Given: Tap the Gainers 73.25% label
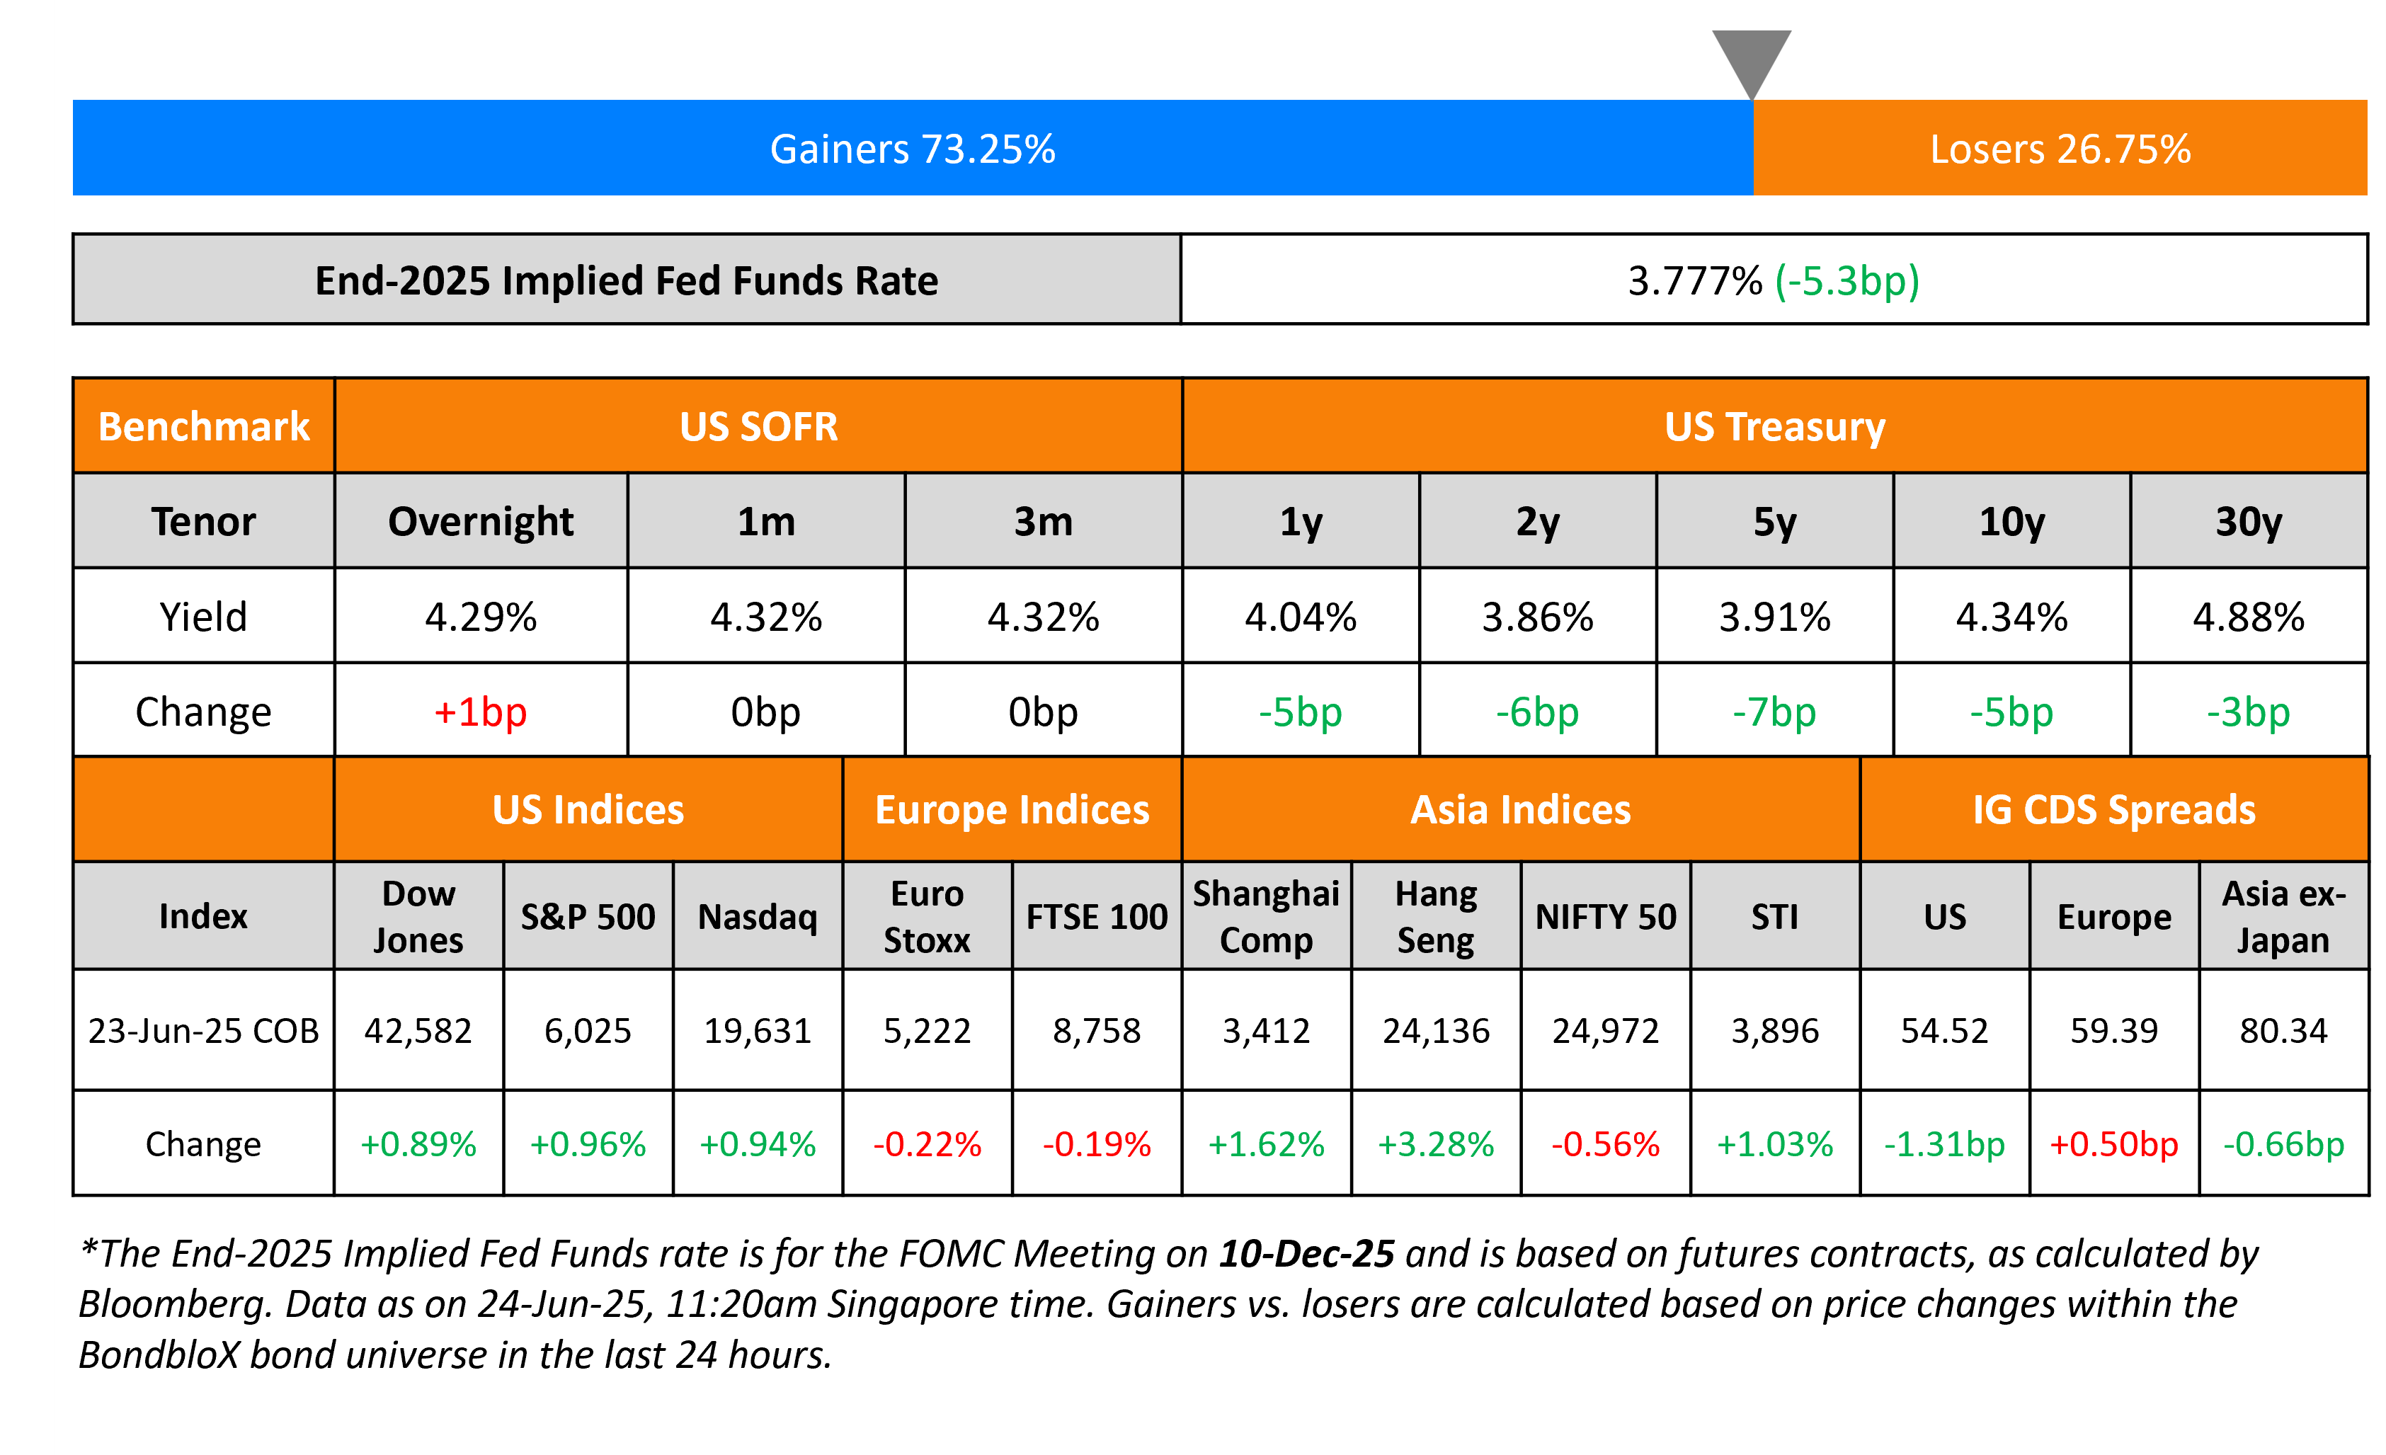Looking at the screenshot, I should [x=912, y=149].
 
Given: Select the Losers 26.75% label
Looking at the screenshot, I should [x=2060, y=149].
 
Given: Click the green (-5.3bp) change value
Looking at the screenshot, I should [x=1846, y=281].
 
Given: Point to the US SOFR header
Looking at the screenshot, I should [x=758, y=427].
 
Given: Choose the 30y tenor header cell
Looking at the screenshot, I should [x=2249, y=522].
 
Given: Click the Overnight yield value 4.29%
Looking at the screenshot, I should [x=480, y=617].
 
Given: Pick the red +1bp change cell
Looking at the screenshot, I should [x=480, y=712].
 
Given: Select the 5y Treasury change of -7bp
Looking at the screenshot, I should [x=1774, y=712].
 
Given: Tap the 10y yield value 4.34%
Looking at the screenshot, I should [x=2011, y=617].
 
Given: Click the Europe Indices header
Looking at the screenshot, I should [x=1012, y=809].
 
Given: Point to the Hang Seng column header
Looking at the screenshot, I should [x=1435, y=915].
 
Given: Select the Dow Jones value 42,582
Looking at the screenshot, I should [x=418, y=1030].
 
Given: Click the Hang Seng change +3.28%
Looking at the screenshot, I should [x=1435, y=1144].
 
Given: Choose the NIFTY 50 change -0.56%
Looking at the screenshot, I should [x=1606, y=1144].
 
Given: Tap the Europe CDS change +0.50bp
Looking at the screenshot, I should [x=2114, y=1144].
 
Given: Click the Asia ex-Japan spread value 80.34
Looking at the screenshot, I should [x=2283, y=1030].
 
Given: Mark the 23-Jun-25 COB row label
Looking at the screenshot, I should [x=203, y=1030].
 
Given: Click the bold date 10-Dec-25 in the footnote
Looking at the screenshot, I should [x=1306, y=1254].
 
